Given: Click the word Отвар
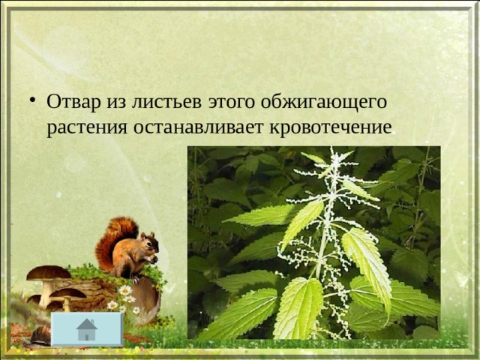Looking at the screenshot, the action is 73,101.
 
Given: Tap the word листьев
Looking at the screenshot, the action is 166,102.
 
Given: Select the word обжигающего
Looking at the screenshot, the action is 324,102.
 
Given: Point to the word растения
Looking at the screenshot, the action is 87,127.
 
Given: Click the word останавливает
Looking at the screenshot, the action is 198,127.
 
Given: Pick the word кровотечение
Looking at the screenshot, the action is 331,127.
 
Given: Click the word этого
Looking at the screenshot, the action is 231,103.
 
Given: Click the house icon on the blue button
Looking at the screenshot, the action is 87,329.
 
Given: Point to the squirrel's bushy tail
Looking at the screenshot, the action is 112,241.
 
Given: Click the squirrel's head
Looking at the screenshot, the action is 150,243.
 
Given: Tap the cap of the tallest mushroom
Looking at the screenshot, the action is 49,273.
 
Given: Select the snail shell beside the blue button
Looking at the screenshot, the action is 41,335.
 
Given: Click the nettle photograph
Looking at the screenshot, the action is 313,242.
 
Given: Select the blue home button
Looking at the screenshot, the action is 87,329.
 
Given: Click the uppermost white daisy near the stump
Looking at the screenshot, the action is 125,290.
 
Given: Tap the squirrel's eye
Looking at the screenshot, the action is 149,241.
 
